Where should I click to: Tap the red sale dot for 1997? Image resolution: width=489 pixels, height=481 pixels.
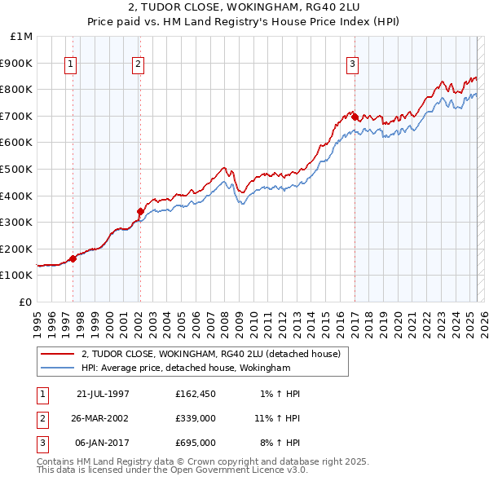coord(73,258)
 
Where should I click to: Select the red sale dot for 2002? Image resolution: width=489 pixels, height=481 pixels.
coord(140,212)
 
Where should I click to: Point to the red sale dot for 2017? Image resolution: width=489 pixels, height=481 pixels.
coord(355,117)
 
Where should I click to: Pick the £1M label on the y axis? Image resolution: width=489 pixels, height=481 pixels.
coord(22,36)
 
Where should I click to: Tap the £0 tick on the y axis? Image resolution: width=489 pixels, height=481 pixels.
coord(26,302)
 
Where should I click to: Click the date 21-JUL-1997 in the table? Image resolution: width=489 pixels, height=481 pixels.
coord(103,394)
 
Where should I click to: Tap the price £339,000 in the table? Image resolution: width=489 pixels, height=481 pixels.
coord(195,418)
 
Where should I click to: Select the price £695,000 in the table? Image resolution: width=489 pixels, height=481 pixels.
coord(195,443)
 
